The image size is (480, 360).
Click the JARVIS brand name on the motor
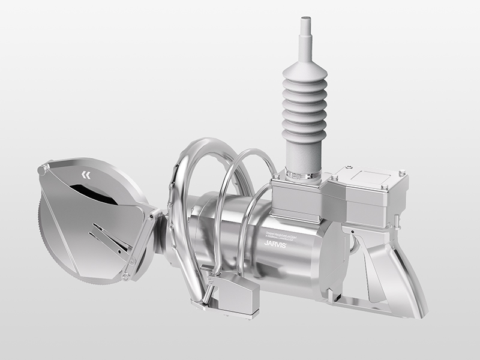click(276, 244)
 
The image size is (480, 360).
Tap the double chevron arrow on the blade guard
click(88, 175)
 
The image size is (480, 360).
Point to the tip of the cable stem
click(305, 22)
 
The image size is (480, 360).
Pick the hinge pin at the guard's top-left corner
click(41, 170)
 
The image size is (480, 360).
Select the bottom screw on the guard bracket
click(125, 276)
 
